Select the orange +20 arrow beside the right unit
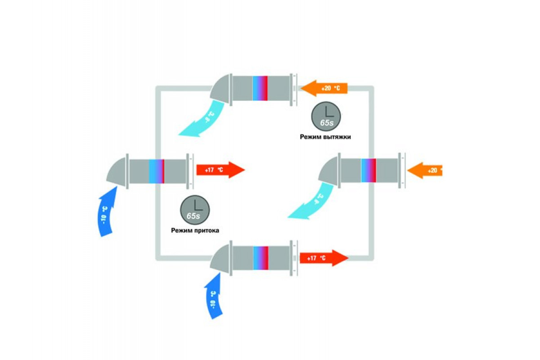[425, 170]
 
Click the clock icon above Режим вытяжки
[325, 115]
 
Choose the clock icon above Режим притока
[193, 209]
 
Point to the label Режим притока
[194, 230]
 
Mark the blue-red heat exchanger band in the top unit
[260, 88]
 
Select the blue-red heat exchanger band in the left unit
[156, 171]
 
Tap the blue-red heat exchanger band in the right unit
[369, 171]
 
